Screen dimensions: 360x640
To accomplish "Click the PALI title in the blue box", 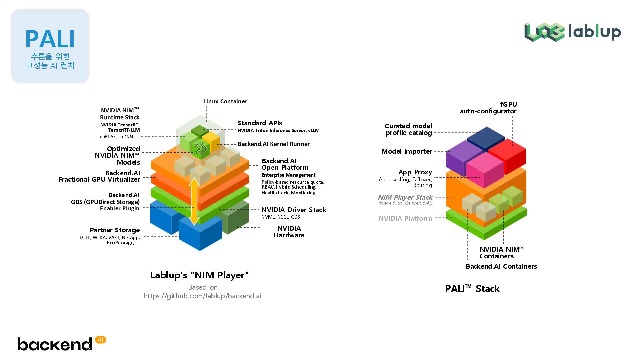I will pyautogui.click(x=50, y=39).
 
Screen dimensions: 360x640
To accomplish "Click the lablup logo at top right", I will pyautogui.click(x=572, y=32).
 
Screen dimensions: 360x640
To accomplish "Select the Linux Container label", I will pyautogui.click(x=225, y=101).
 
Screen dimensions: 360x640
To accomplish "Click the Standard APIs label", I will pyautogui.click(x=260, y=123).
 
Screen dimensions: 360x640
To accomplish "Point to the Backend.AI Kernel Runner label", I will pyautogui.click(x=273, y=144).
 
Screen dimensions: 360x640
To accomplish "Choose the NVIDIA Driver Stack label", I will pyautogui.click(x=294, y=210).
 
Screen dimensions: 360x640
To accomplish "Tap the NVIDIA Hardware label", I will pyautogui.click(x=289, y=232).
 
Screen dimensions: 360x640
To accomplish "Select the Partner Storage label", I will pyautogui.click(x=115, y=230).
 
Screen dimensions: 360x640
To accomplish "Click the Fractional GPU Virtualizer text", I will pyautogui.click(x=99, y=179).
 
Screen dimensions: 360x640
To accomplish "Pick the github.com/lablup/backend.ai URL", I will pyautogui.click(x=202, y=296).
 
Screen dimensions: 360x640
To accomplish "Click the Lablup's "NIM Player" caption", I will pyautogui.click(x=199, y=275).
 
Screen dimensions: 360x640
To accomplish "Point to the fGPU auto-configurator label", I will pyautogui.click(x=488, y=108).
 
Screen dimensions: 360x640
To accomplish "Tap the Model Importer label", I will pyautogui.click(x=406, y=151).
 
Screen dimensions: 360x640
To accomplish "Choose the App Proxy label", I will pyautogui.click(x=415, y=172).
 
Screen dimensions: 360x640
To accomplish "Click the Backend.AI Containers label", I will pyautogui.click(x=501, y=266).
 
